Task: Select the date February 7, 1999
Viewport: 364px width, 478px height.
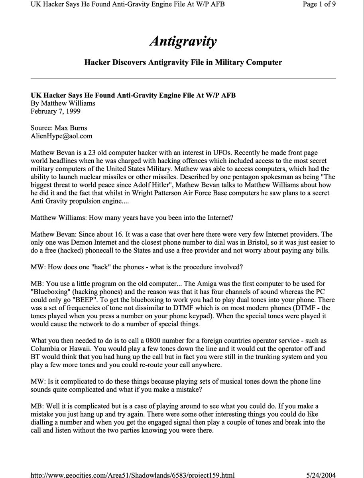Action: coord(55,111)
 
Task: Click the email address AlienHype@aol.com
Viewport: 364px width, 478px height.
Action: coord(61,136)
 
